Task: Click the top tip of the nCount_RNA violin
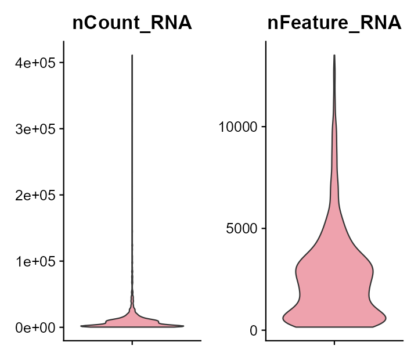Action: coord(132,56)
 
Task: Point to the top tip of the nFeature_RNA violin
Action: coord(334,55)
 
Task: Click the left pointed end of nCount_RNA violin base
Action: coord(81,326)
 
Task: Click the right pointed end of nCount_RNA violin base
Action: coord(183,326)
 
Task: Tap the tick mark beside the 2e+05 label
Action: coord(61,195)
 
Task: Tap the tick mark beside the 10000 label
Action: coord(264,127)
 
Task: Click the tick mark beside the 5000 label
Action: coord(264,228)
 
